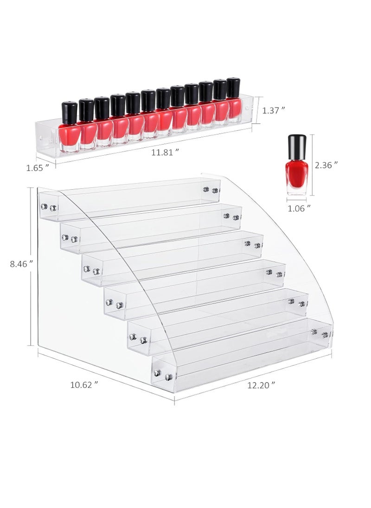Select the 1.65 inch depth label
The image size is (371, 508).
[37, 168]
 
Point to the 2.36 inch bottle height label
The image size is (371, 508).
[326, 165]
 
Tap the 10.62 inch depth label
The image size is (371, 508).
[84, 384]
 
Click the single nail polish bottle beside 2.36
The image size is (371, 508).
[297, 166]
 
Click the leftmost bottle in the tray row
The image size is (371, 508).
[70, 127]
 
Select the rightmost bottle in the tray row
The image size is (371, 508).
[233, 102]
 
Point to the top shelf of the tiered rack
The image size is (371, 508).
[130, 199]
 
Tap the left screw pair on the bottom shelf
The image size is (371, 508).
[163, 375]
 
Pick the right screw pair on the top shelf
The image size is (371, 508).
[210, 190]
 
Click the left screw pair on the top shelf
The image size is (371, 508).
[49, 207]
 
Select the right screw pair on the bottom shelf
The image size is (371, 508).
[320, 333]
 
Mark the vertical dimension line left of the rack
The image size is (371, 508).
[31, 267]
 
